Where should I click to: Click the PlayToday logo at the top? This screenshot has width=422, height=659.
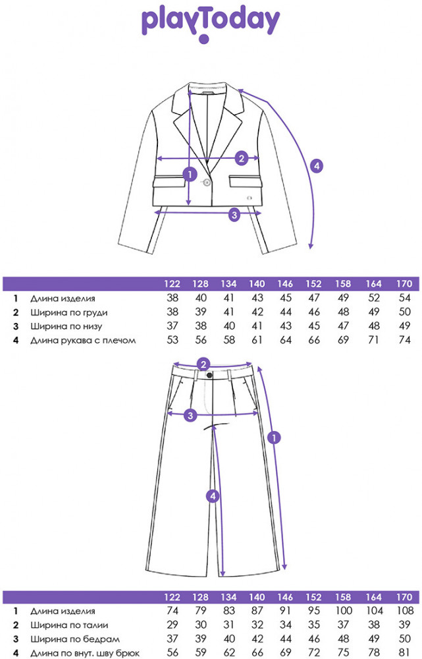211,24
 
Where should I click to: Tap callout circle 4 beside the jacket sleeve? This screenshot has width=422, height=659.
317,166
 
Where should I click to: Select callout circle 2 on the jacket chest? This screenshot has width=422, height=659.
242,158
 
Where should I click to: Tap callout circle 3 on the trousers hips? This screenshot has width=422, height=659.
190,415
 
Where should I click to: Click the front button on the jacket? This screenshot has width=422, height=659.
207,183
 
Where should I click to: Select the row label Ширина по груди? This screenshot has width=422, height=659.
68,312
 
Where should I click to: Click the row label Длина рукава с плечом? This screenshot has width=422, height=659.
84,340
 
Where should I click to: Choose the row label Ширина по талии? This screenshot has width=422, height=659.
69,625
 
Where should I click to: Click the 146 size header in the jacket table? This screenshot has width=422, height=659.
285,284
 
